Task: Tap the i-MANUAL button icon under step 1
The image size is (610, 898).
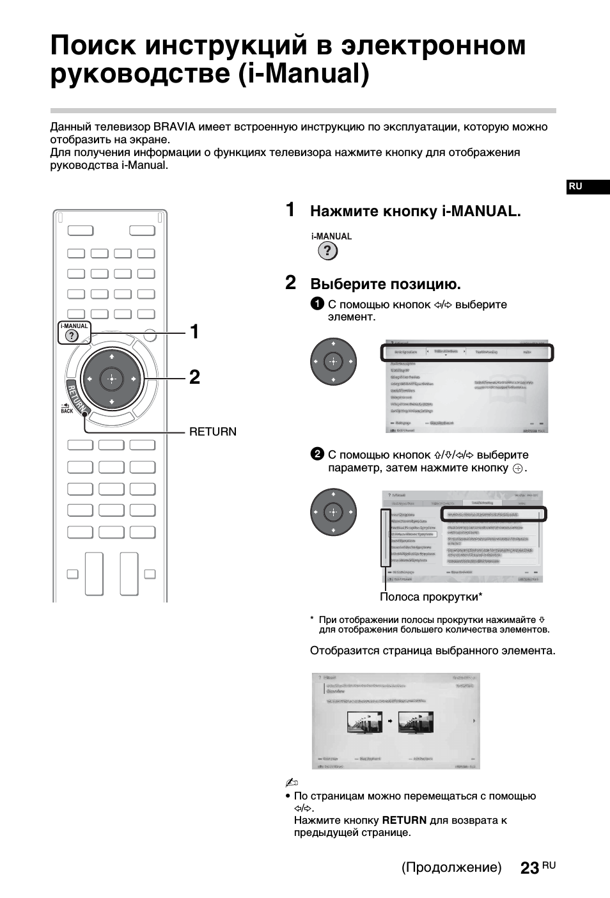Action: pyautogui.click(x=327, y=251)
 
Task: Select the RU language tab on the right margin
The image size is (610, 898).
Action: pyautogui.click(x=575, y=186)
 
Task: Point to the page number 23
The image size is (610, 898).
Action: pyautogui.click(x=529, y=868)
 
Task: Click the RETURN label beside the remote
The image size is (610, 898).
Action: pyautogui.click(x=212, y=432)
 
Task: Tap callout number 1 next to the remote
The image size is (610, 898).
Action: pyautogui.click(x=194, y=332)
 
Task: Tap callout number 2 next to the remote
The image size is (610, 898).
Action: pyautogui.click(x=194, y=377)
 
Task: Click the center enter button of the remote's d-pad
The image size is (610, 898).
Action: pyautogui.click(x=112, y=379)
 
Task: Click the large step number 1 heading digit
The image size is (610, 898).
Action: pyautogui.click(x=290, y=210)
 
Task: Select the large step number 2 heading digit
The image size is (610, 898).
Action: pyautogui.click(x=291, y=283)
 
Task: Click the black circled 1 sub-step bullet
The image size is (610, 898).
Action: pyautogui.click(x=317, y=304)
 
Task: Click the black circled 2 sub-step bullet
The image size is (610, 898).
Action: pyautogui.click(x=317, y=454)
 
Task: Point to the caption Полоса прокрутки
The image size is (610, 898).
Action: pyautogui.click(x=429, y=597)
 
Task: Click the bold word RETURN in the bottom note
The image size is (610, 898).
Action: pyautogui.click(x=404, y=820)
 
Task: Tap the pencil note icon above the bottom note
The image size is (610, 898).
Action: pyautogui.click(x=292, y=783)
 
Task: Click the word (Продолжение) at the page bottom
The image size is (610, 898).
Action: pyautogui.click(x=451, y=867)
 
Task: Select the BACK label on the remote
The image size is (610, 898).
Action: pyautogui.click(x=67, y=411)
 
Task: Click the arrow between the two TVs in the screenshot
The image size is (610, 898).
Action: pyautogui.click(x=389, y=721)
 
